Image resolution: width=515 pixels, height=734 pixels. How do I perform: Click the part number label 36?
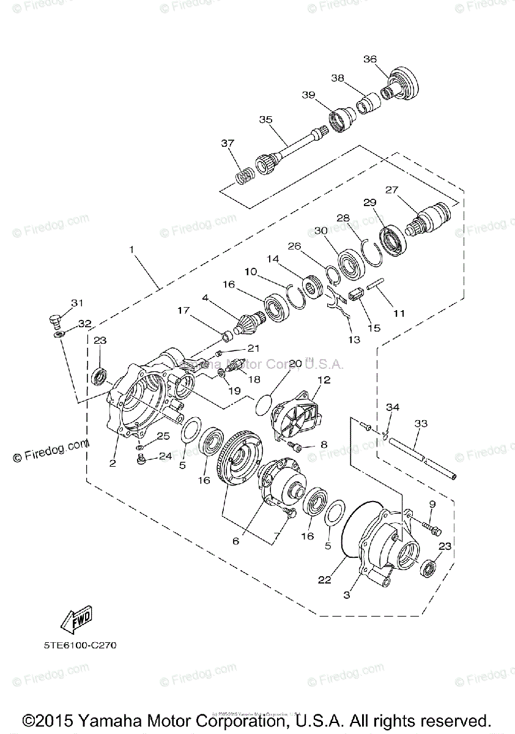click(x=370, y=59)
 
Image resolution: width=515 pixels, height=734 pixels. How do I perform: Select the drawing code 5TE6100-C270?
click(x=80, y=645)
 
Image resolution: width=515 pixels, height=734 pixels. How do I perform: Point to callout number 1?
click(x=130, y=249)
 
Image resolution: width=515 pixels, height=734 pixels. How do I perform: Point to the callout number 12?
click(x=324, y=380)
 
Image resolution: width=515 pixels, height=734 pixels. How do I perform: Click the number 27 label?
click(x=391, y=190)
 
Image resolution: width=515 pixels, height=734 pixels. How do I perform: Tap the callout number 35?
click(x=265, y=119)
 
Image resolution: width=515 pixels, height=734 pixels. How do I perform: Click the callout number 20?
click(x=295, y=363)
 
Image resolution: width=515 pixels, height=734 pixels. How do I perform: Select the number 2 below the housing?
click(x=113, y=463)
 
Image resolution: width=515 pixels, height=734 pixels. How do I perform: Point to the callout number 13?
click(x=354, y=339)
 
